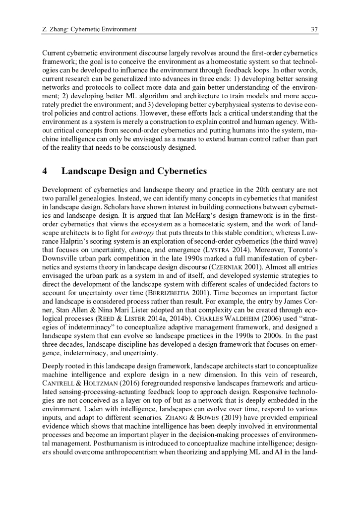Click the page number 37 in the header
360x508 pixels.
click(x=314, y=29)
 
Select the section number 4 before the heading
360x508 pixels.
click(x=45, y=172)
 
